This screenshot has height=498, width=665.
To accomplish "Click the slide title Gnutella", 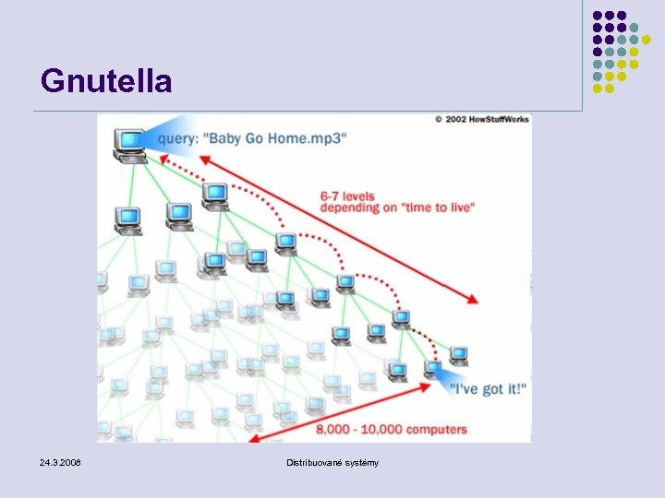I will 106,81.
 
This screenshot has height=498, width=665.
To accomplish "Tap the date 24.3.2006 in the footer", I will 60,461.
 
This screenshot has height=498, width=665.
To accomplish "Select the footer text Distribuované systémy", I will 332,461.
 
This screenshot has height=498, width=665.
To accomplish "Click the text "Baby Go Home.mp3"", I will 275,138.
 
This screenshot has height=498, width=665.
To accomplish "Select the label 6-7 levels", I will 348,196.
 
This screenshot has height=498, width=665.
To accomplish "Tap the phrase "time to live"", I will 437,208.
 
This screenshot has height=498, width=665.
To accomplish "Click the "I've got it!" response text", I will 489,389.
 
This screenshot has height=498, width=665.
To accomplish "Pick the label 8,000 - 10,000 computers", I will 392,430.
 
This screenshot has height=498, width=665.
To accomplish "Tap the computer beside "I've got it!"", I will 432,371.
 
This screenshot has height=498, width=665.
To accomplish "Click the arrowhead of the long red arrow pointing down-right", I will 473,299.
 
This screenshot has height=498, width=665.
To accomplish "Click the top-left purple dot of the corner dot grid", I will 598,16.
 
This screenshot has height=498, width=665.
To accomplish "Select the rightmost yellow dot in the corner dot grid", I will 658,40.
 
